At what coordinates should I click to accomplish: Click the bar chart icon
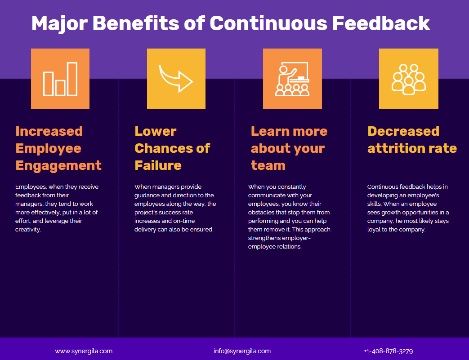(60, 79)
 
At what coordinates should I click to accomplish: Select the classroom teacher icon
(292, 79)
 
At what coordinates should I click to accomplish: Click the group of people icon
(408, 79)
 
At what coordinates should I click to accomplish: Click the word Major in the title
(59, 23)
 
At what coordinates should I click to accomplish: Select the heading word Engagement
(58, 165)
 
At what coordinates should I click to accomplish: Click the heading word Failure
(158, 165)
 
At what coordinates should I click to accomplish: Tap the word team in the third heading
(268, 165)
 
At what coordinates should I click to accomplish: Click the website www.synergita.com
(84, 351)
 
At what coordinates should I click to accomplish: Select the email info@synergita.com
(242, 351)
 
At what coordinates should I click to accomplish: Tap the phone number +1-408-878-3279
(388, 351)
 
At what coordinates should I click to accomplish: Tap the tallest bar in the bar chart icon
(72, 79)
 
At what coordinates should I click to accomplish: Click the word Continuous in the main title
(269, 23)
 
